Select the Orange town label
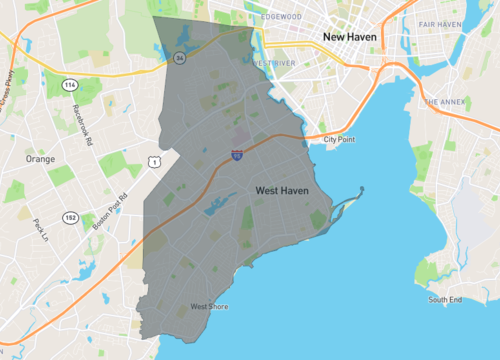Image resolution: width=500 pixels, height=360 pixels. click(x=40, y=159)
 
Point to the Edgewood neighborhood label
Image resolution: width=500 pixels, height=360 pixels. click(x=280, y=17)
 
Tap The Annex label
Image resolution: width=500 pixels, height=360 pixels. click(x=443, y=102)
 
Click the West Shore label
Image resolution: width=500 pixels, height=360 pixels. click(x=210, y=306)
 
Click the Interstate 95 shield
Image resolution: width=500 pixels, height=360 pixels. click(x=236, y=156)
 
